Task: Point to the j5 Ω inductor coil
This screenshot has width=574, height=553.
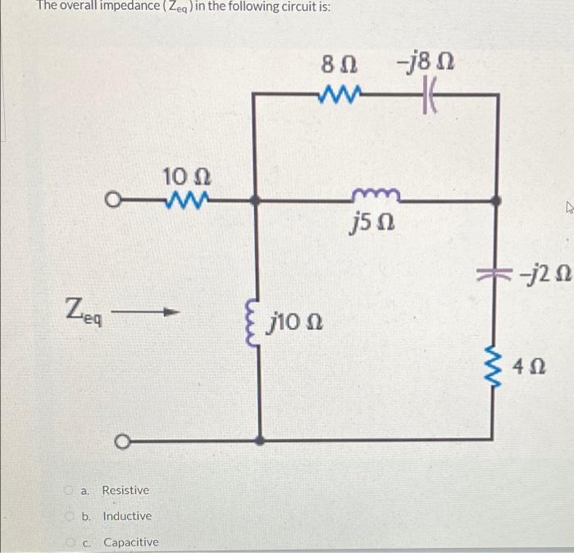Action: point(375,195)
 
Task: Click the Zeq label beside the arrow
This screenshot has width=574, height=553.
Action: point(84,311)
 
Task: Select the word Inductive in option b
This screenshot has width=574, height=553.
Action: point(127,516)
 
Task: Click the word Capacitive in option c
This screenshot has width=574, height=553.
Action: point(131,542)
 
